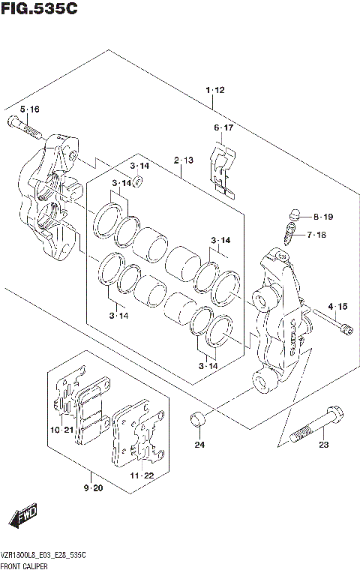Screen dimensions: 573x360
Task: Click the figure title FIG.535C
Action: tap(33, 10)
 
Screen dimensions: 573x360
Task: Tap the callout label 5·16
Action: tap(29, 109)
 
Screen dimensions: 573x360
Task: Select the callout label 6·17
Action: tap(223, 128)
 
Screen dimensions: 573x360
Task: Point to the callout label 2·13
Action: tap(184, 160)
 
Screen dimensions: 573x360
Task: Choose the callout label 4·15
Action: tap(337, 306)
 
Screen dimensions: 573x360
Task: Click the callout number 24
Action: tap(199, 445)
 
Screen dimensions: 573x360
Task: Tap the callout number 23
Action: tap(323, 445)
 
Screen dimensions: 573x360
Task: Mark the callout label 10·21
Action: tap(62, 430)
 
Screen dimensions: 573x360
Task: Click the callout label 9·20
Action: tap(93, 489)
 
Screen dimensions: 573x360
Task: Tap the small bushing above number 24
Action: tap(198, 417)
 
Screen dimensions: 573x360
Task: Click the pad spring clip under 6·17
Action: tap(223, 171)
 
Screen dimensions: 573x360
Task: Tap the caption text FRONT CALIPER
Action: tap(24, 564)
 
